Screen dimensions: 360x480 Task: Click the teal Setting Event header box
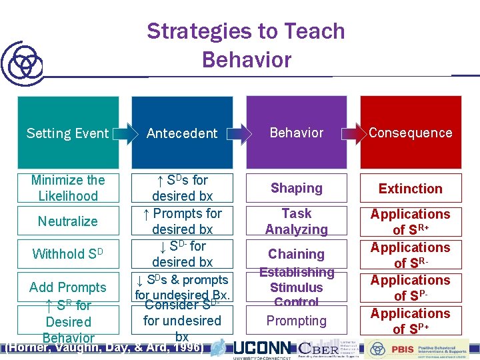point(67,133)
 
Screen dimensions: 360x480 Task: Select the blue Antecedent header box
point(182,133)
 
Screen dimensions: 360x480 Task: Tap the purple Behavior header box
point(297,132)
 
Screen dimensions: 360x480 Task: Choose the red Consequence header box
point(411,132)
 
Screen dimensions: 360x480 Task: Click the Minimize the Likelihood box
point(68,188)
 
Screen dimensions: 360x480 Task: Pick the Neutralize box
point(68,221)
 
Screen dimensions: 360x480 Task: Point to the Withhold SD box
point(68,254)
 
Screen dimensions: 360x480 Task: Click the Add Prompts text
point(68,287)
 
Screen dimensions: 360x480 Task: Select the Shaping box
point(297,188)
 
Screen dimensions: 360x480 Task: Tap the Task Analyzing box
point(297,221)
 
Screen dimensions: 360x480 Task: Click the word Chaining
point(297,254)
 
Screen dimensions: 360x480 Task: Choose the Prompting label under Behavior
point(297,321)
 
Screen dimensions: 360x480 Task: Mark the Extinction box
point(411,189)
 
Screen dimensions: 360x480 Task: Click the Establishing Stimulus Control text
point(297,287)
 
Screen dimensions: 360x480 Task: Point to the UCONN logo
point(261,349)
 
